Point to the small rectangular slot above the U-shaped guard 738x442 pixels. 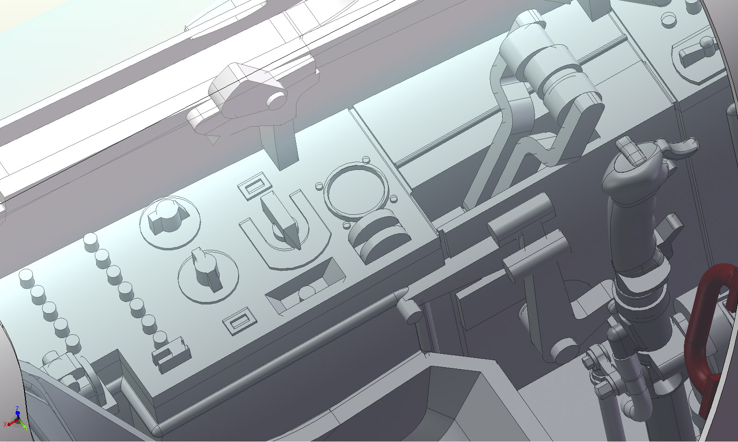click(x=255, y=186)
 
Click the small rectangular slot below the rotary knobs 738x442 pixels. click(x=240, y=321)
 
